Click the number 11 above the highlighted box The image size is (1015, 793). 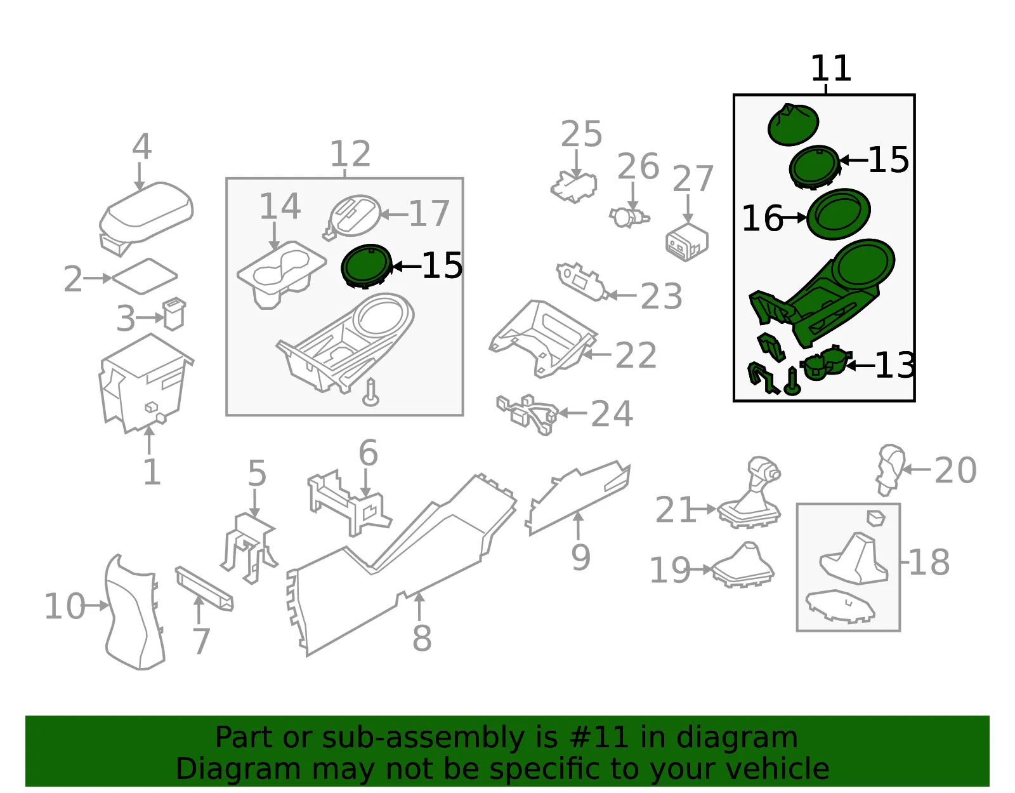830,69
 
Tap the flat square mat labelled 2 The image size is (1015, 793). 145,277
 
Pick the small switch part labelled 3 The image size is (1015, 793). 174,314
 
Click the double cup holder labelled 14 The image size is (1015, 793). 281,274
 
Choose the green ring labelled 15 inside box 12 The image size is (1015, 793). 366,267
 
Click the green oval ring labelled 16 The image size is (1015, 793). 838,214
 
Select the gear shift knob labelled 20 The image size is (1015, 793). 891,469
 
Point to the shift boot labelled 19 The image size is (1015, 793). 743,566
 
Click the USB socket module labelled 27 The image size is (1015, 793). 686,241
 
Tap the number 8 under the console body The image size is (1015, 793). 422,638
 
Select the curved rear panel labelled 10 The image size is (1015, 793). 134,611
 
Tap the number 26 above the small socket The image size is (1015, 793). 638,166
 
